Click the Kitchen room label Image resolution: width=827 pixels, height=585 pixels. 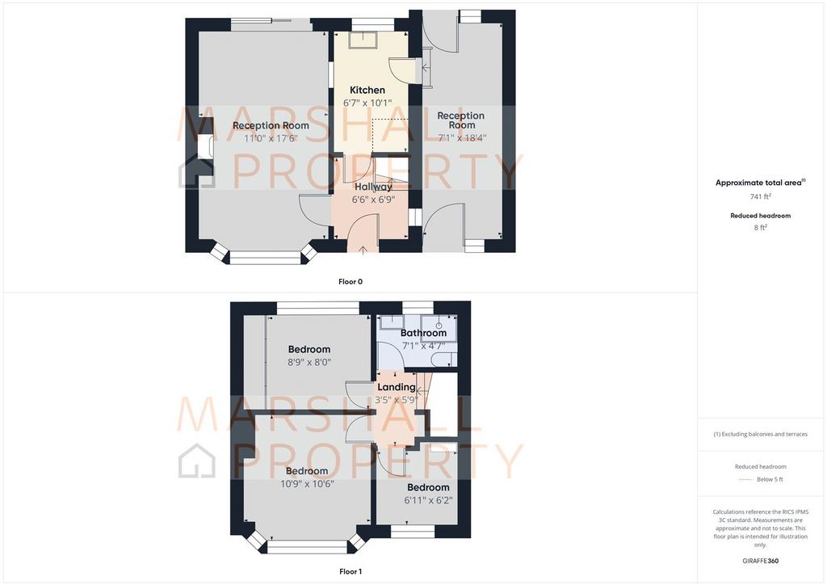(x=367, y=90)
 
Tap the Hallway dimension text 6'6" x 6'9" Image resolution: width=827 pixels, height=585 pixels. (x=373, y=200)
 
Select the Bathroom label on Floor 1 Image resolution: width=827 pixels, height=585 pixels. (x=423, y=333)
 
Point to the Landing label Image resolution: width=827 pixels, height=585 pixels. (x=396, y=387)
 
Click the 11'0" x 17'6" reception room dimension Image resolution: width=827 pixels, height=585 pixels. (x=271, y=138)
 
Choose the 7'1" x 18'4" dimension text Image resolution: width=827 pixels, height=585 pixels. (x=462, y=137)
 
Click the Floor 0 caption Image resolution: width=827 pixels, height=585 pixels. (x=351, y=282)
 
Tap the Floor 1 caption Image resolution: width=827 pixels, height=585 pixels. (x=351, y=571)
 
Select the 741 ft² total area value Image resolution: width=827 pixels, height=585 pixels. (x=761, y=196)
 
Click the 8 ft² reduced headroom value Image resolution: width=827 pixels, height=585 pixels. (x=761, y=227)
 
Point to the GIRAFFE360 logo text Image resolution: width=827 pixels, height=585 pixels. (x=761, y=561)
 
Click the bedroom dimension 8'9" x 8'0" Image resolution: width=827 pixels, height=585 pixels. (x=309, y=363)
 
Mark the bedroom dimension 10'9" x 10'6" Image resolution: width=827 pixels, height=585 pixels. (x=307, y=484)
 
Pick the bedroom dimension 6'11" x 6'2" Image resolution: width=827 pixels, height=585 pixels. (x=428, y=500)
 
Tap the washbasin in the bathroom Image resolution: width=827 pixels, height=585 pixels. (x=439, y=328)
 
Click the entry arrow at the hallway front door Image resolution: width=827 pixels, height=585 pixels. (x=363, y=249)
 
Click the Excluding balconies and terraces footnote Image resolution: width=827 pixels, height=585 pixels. (x=761, y=434)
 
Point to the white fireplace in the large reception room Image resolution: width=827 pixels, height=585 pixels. (x=204, y=146)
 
